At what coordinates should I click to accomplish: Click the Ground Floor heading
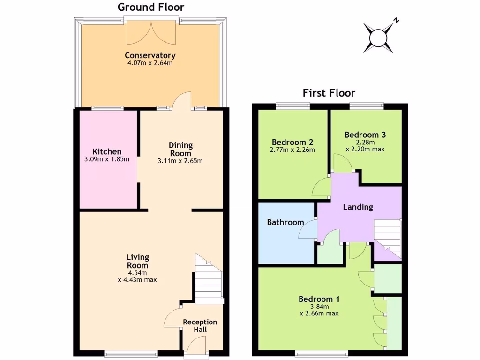[x=150, y=7]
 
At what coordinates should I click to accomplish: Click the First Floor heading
[x=329, y=93]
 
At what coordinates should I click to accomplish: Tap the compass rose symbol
[x=378, y=38]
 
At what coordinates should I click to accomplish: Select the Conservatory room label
[x=150, y=55]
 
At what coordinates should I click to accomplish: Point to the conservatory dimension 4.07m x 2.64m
[x=150, y=63]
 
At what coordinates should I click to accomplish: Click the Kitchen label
[x=107, y=151]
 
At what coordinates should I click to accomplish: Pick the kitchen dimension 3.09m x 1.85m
[x=107, y=159]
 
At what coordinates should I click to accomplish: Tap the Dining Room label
[x=180, y=149]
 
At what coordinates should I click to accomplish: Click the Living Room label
[x=137, y=261]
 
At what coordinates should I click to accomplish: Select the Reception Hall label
[x=200, y=325]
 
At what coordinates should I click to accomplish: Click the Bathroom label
[x=285, y=222]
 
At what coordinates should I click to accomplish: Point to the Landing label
[x=358, y=207]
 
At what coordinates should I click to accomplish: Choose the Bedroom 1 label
[x=319, y=299]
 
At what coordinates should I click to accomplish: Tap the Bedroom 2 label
[x=292, y=142]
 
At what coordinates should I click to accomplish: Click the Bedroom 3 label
[x=365, y=135]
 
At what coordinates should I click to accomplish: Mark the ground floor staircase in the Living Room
[x=209, y=279]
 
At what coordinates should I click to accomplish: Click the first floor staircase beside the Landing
[x=387, y=239]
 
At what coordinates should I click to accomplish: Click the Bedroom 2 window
[x=292, y=105]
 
